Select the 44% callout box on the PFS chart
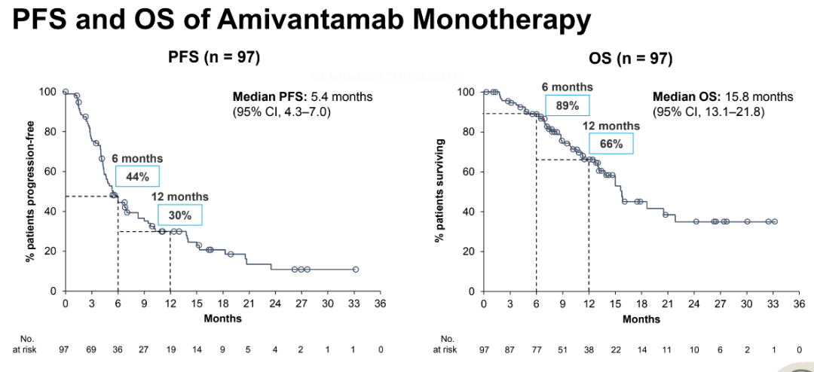coord(138,177)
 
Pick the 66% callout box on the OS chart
coord(610,144)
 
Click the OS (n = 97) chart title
coord(630,59)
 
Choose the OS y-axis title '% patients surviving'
coord(439,191)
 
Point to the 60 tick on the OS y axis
coord(467,172)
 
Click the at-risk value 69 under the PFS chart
coord(91,349)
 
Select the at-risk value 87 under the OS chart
coord(510,349)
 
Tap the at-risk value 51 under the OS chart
coord(563,349)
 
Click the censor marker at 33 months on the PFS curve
coord(355,270)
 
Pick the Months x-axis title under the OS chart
coord(641,319)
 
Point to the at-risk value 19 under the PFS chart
coord(170,349)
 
